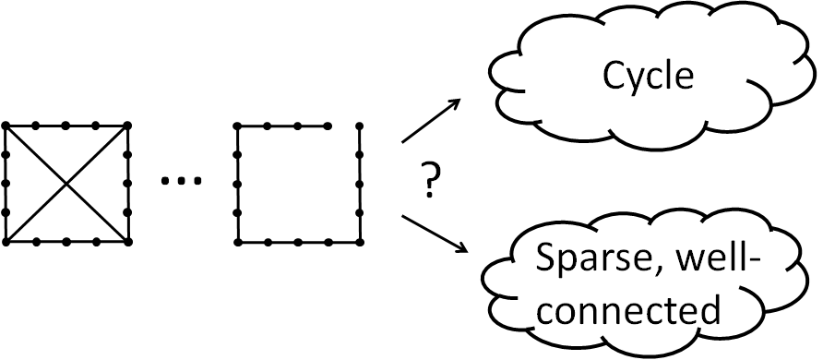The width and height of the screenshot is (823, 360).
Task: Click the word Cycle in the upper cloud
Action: (648, 76)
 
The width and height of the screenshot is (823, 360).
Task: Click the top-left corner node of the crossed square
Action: (6, 125)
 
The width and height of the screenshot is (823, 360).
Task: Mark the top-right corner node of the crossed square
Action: (127, 125)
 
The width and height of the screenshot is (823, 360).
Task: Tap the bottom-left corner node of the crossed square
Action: (6, 242)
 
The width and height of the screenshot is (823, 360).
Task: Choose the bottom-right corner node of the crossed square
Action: (127, 242)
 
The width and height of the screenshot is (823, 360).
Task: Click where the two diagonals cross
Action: (66, 184)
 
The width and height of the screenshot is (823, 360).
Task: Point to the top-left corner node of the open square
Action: (238, 125)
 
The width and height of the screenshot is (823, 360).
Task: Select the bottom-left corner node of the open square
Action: (238, 242)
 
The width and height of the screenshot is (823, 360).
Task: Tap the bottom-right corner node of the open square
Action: (358, 242)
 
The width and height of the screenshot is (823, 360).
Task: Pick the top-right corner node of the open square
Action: (358, 125)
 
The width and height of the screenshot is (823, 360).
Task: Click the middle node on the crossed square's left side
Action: (6, 183)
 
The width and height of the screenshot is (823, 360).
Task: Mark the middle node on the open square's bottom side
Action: (298, 242)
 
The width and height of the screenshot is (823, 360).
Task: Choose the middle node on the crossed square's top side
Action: (66, 125)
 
